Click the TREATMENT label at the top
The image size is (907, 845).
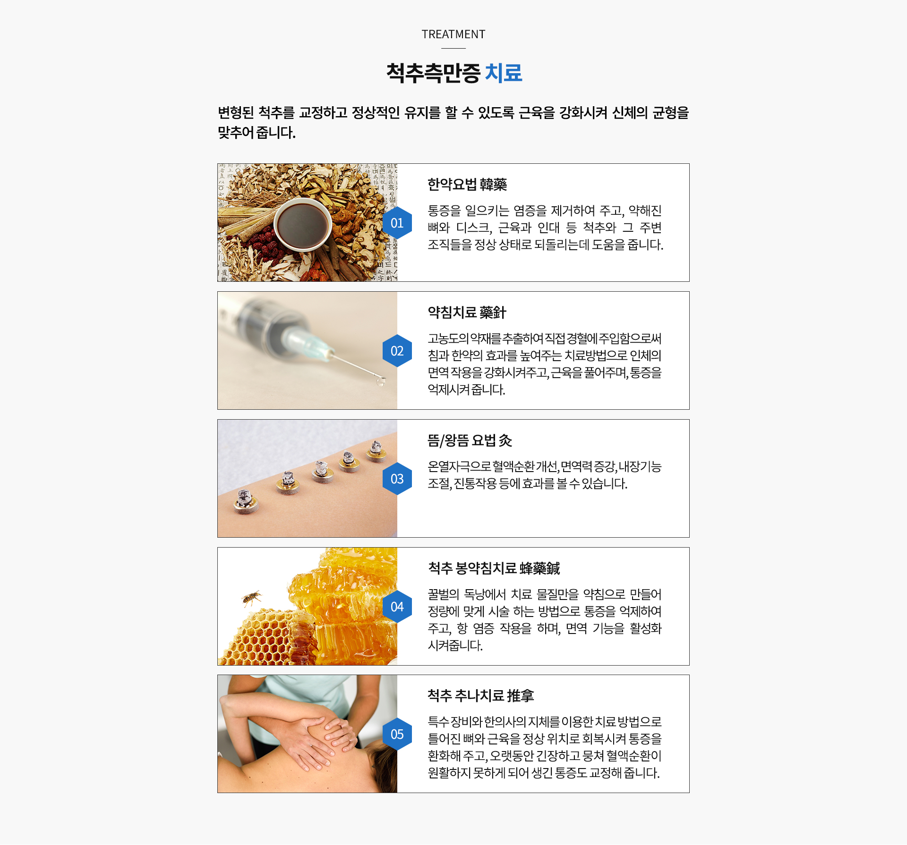click(453, 34)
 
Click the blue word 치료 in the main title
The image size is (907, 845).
click(504, 73)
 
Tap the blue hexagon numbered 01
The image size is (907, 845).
click(397, 223)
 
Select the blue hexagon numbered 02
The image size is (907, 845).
click(397, 351)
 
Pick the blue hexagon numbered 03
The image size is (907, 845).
click(397, 479)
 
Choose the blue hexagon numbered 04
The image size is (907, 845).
click(397, 607)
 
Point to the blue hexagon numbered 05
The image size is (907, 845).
click(397, 734)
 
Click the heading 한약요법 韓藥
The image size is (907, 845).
click(467, 185)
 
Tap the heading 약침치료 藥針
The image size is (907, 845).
click(467, 313)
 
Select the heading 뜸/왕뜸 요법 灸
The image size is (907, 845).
click(470, 440)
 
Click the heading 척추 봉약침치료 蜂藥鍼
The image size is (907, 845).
click(494, 568)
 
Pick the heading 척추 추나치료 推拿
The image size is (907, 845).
click(481, 696)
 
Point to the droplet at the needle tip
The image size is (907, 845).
click(380, 381)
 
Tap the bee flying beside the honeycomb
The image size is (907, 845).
click(251, 598)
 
